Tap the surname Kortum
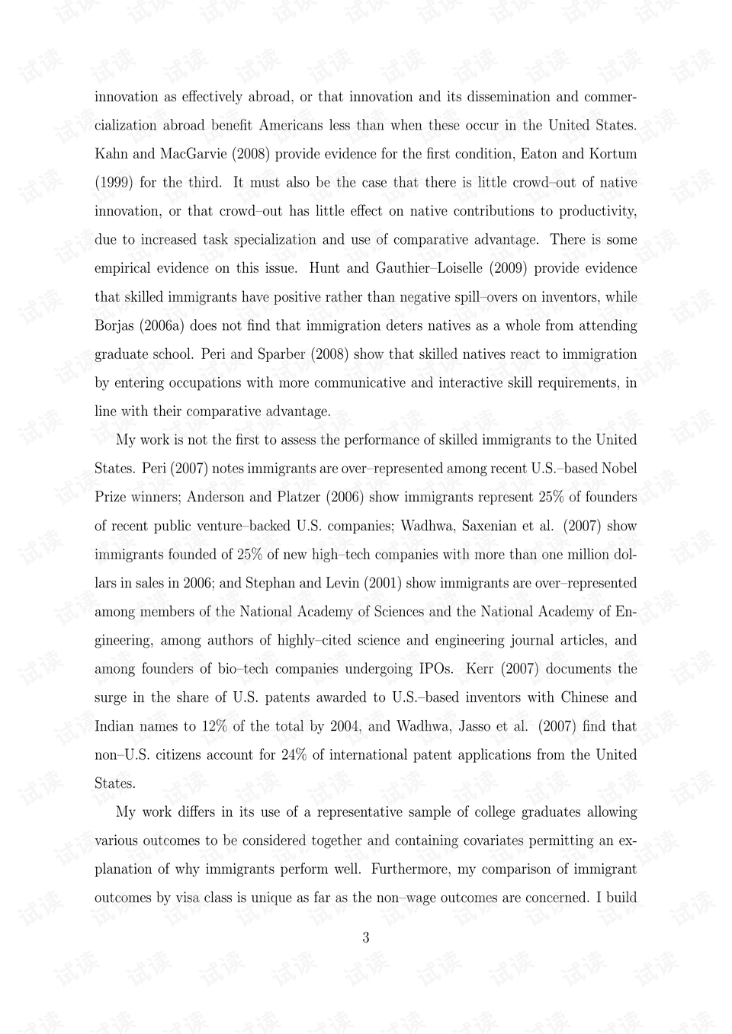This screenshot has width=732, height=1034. [612, 154]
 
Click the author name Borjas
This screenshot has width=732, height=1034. [114, 326]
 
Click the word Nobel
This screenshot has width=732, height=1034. [620, 469]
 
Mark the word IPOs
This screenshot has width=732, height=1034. [436, 669]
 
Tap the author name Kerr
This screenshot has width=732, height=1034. [480, 669]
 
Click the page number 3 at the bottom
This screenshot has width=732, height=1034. [366, 938]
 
